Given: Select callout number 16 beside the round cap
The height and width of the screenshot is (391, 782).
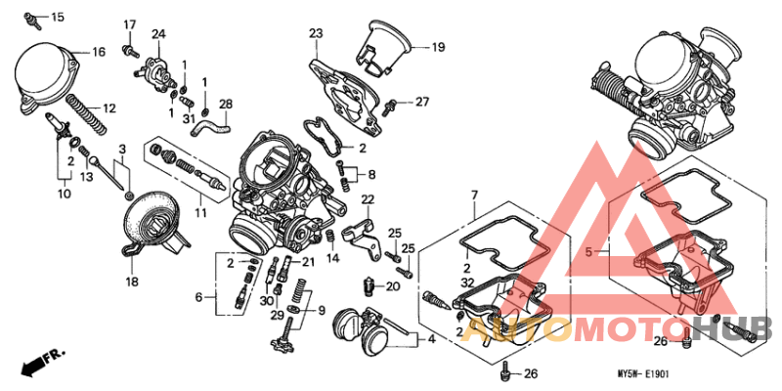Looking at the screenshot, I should click(x=98, y=51).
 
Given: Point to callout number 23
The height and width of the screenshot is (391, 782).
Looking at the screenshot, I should click(x=316, y=34).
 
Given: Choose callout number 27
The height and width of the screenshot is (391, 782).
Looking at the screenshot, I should click(x=421, y=101).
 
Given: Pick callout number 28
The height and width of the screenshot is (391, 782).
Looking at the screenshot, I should click(x=226, y=104).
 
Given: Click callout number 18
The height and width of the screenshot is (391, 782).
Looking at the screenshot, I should click(x=132, y=282).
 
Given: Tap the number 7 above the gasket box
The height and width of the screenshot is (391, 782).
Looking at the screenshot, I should click(x=474, y=196).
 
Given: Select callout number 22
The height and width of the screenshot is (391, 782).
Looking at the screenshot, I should click(x=369, y=199).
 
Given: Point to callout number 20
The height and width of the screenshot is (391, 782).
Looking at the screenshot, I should click(x=393, y=286).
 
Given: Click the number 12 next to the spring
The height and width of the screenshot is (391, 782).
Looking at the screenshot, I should click(x=109, y=108).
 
